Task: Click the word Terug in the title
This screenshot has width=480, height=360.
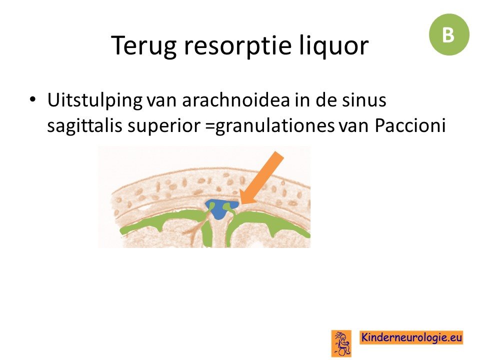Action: point(144,46)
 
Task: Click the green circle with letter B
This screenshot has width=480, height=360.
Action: point(449,34)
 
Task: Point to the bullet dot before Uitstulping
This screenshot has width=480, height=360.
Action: point(32,99)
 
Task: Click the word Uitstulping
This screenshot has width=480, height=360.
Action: point(94,100)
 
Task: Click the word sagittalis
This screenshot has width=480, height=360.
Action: point(85,125)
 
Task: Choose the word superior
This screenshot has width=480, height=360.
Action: point(164,126)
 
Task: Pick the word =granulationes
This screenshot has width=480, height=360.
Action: point(270,126)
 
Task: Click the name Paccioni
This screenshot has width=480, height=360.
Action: point(410,125)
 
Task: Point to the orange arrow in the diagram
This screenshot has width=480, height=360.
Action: point(261,177)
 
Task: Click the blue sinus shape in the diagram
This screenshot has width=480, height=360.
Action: point(220,209)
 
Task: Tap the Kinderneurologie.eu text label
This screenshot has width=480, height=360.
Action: point(411,337)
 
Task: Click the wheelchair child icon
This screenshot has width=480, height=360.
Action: point(341,343)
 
